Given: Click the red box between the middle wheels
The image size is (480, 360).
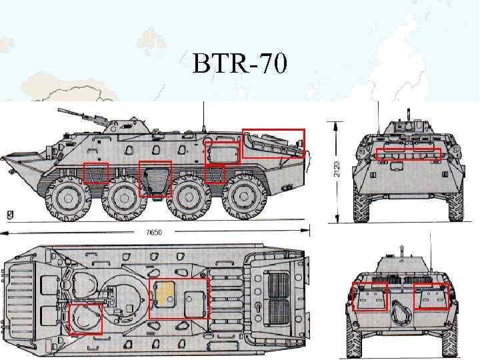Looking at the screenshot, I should click(155, 179).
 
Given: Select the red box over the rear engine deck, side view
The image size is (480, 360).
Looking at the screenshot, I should click(273, 143).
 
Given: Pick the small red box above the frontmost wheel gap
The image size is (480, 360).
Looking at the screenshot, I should click(96, 173).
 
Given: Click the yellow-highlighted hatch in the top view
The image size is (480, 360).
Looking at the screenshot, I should click(165, 294).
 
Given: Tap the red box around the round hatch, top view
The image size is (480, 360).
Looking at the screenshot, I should click(86, 318).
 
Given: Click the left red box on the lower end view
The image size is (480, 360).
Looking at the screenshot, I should click(369, 296).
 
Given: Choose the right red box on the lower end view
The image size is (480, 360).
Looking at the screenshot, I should click(431, 296).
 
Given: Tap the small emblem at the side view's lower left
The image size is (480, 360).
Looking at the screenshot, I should click(9, 214).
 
